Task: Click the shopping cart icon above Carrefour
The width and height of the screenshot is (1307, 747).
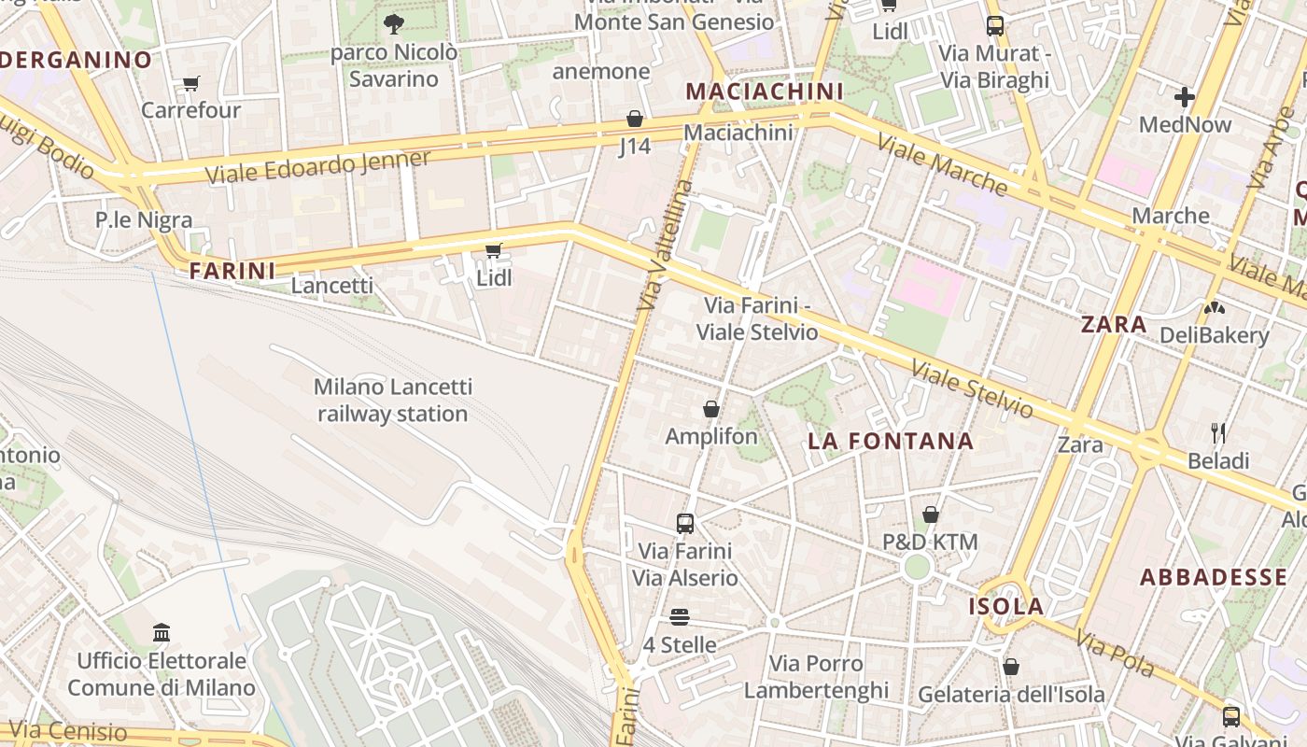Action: [x=191, y=83]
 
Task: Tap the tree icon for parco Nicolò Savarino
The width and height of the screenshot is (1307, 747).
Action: [x=394, y=23]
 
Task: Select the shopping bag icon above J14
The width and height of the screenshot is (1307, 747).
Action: [x=635, y=119]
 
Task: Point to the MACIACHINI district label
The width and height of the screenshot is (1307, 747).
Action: [x=764, y=92]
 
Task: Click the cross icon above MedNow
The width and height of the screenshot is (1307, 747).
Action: [x=1185, y=96]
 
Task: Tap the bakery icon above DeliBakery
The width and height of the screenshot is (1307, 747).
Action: [x=1214, y=307]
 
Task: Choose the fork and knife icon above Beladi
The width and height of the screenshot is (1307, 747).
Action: [x=1217, y=432]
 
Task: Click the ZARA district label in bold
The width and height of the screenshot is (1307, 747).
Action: [x=1114, y=324]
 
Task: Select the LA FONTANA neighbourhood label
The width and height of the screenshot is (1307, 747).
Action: [x=891, y=441]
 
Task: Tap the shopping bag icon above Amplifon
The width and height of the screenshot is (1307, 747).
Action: [x=711, y=408]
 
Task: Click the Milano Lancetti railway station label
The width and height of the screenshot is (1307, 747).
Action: [x=393, y=400]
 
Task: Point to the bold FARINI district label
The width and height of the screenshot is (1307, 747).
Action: [x=232, y=271]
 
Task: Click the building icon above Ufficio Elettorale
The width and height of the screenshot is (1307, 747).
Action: [x=162, y=633]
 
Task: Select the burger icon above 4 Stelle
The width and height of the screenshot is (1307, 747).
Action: [x=680, y=617]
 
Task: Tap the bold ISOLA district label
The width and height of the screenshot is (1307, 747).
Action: [x=1005, y=606]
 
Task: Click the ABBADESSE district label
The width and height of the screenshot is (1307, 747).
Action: [x=1214, y=576]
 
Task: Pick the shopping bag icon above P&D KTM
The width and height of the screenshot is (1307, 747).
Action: [x=931, y=514]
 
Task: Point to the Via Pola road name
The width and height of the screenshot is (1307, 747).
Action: [x=1115, y=653]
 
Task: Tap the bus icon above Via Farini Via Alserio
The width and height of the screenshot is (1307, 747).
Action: [x=685, y=523]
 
